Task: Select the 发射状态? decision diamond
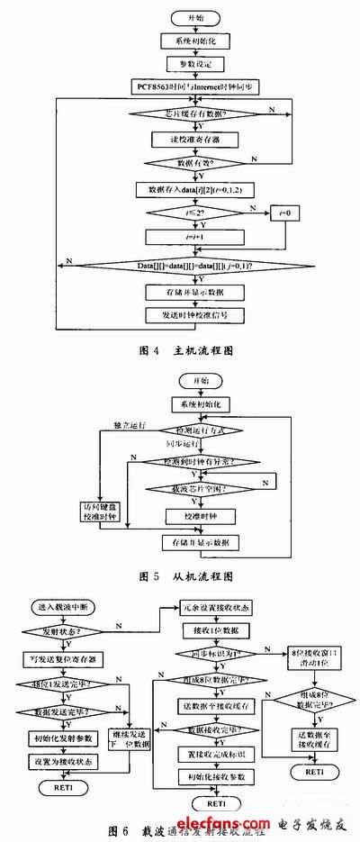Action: coord(64,634)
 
